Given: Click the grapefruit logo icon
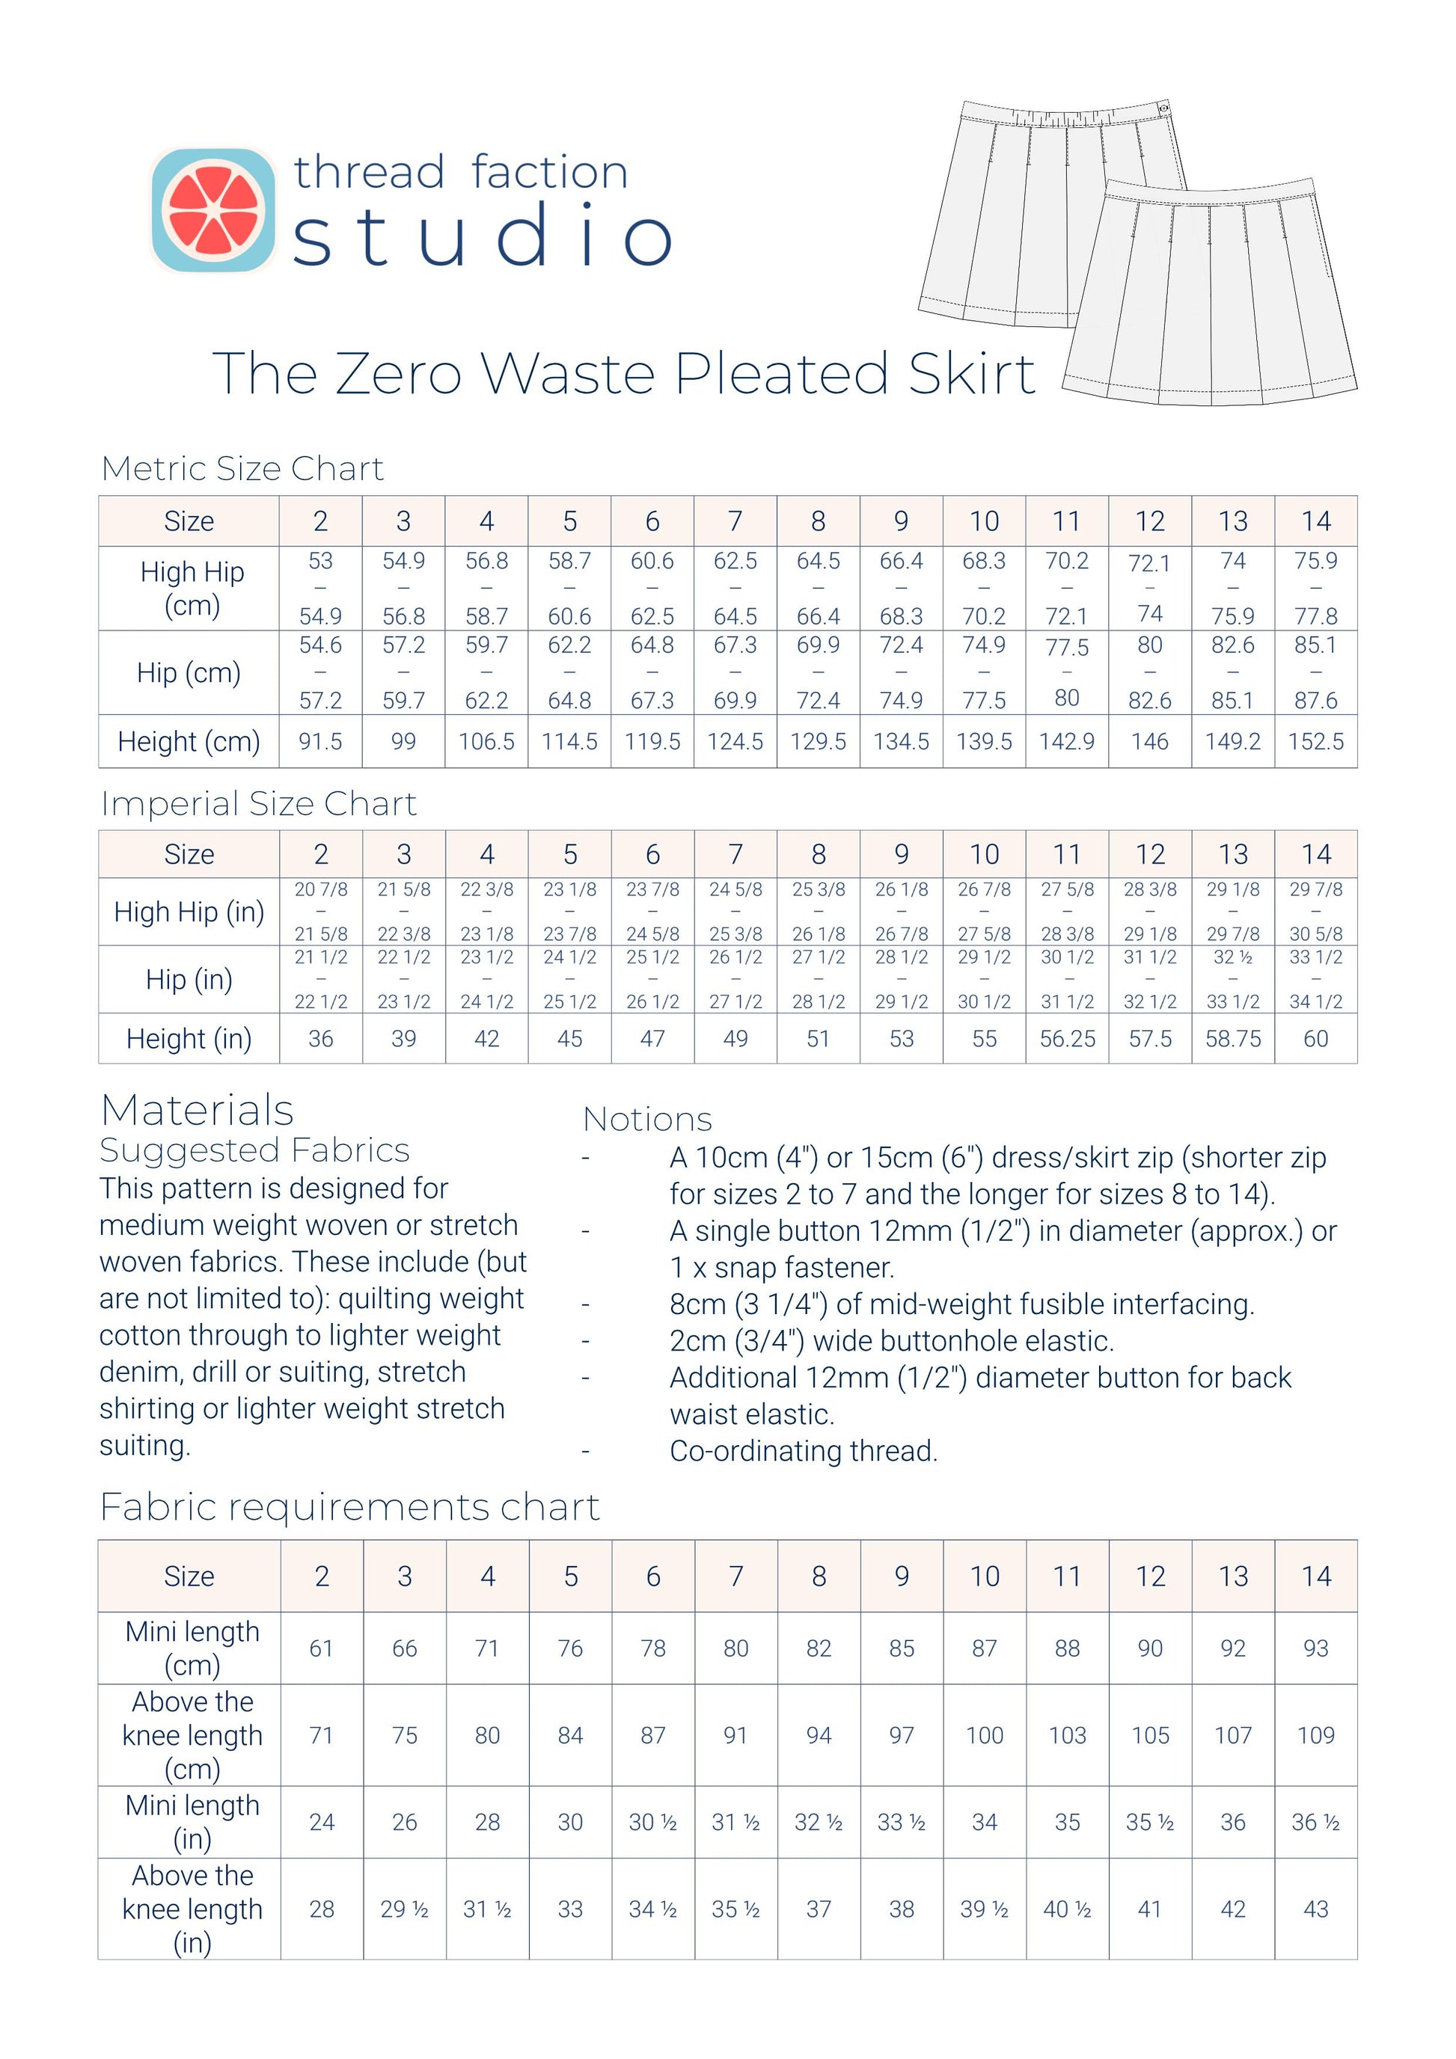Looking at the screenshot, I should click(213, 210).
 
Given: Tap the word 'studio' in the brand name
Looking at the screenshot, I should click(483, 235).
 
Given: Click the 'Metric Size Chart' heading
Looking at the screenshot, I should click(242, 468).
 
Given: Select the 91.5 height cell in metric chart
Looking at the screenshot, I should click(320, 742).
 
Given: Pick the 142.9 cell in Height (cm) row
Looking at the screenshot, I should click(1067, 742).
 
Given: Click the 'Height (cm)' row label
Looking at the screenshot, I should click(189, 742).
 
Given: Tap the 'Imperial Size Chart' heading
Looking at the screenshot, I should click(258, 803).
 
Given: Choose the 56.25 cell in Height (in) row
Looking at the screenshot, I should click(1067, 1038).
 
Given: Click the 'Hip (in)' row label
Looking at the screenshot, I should click(189, 979).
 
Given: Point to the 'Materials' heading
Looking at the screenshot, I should click(198, 1110).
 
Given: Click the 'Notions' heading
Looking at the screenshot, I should click(646, 1119).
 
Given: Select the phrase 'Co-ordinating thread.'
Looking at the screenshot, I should click(803, 1451).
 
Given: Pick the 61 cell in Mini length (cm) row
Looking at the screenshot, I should click(321, 1648).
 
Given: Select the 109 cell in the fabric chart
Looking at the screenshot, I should click(1315, 1735).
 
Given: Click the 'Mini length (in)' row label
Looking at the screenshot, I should click(192, 1821).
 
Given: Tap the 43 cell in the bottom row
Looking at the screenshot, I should click(1315, 1909).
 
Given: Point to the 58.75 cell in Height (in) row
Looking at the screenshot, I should click(1232, 1038).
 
